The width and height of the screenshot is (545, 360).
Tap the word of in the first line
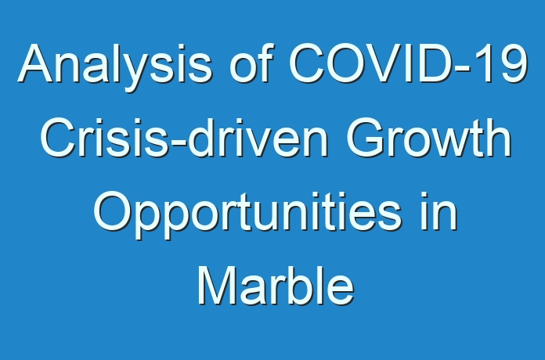(250, 63)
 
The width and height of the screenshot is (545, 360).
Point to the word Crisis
(105, 137)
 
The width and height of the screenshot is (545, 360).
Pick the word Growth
(428, 137)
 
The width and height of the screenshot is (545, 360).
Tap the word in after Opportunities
(439, 211)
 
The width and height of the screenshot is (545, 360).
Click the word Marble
(276, 286)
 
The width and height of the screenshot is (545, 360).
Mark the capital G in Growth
(365, 137)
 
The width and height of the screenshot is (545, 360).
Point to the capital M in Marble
(216, 286)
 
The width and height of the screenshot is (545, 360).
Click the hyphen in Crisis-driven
(179, 142)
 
